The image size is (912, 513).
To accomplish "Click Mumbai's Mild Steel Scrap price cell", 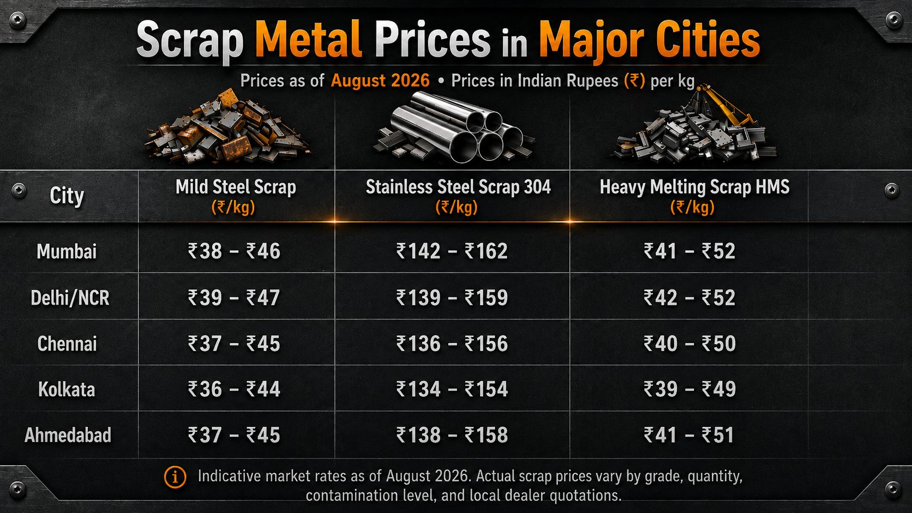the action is click(234, 251).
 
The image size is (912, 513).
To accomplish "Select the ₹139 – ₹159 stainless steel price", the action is click(452, 297).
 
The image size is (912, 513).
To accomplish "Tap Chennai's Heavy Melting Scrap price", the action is click(689, 343).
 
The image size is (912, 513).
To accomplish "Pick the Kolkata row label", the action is click(67, 389).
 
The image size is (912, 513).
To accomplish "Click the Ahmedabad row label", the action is click(68, 435).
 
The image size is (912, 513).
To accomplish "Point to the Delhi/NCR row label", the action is click(70, 298).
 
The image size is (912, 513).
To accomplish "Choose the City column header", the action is click(67, 196).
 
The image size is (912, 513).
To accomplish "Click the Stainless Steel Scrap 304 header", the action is click(458, 187).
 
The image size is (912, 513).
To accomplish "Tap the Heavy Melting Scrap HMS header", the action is click(694, 187).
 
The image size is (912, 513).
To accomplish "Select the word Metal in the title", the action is click(308, 39).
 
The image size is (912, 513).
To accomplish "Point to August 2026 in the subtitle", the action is click(380, 81).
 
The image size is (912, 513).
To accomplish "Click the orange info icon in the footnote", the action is click(175, 477).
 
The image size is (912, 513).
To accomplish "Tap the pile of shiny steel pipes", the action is click(454, 127).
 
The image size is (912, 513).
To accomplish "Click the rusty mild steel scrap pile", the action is click(227, 127).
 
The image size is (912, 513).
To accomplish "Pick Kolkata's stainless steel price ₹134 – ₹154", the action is click(452, 389).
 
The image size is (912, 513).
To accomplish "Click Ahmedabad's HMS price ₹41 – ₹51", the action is click(689, 434).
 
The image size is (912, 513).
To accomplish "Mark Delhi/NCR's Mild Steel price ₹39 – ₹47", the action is click(233, 297).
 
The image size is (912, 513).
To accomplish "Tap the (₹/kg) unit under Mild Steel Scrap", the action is click(233, 208).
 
